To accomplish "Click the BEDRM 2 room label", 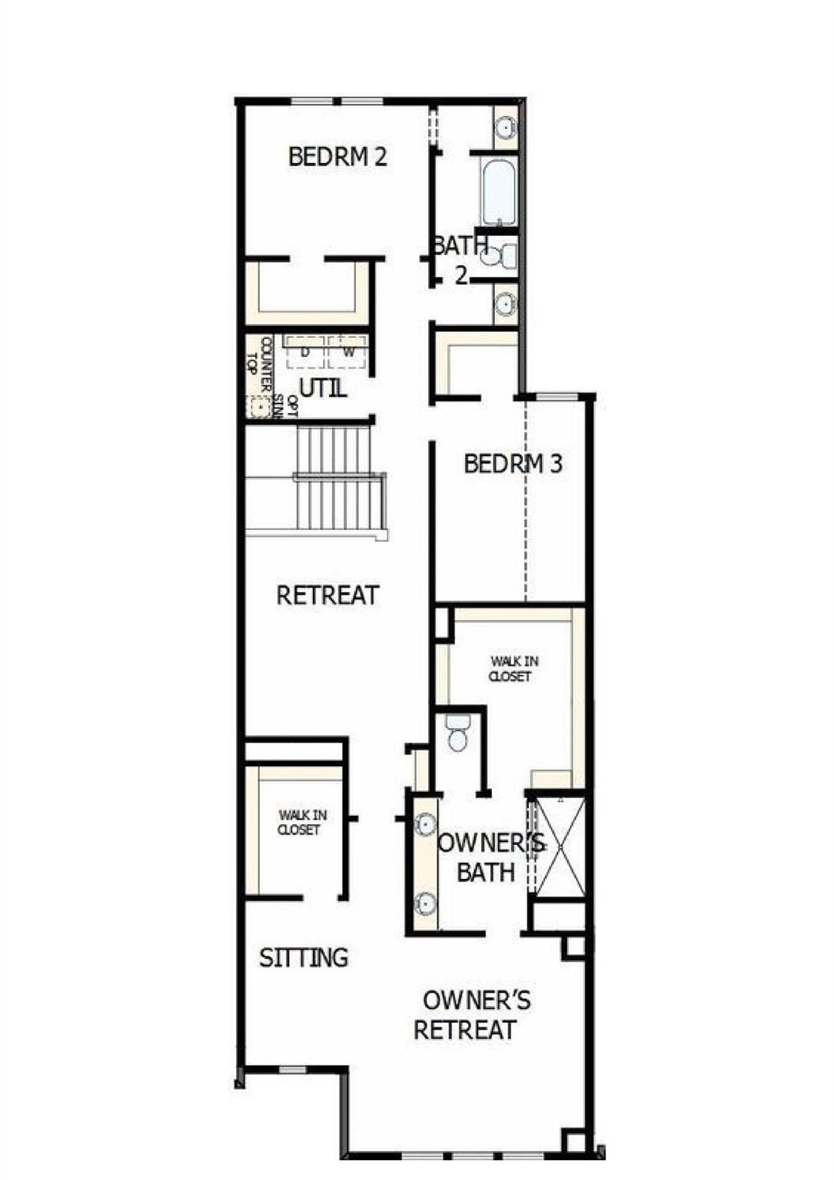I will (337, 157).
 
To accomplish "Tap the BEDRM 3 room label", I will (513, 464).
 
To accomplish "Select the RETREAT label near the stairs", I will (327, 595).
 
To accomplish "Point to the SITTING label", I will (304, 958).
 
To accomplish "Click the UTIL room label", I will (323, 388).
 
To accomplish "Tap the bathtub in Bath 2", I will (499, 191).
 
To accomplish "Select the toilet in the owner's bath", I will (458, 733).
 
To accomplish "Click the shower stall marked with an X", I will (560, 847).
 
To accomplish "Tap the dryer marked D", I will (305, 352).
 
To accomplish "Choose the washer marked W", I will (348, 352).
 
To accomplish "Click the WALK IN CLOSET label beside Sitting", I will (299, 823).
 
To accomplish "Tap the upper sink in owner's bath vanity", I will (426, 825).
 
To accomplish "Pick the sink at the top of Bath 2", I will (505, 127).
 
